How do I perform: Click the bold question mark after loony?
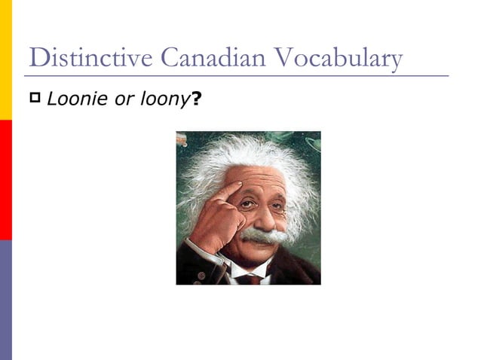click(196, 99)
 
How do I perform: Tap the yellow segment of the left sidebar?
click(5, 60)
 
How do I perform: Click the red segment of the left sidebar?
click(5, 179)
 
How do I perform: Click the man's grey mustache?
click(265, 236)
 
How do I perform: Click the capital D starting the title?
click(35, 58)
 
